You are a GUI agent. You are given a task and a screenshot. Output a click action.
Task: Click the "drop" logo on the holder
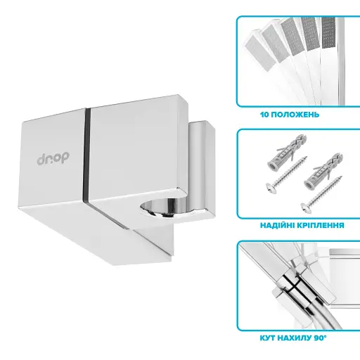tap(53, 159)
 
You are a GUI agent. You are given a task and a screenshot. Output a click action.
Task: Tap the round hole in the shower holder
tap(165, 207)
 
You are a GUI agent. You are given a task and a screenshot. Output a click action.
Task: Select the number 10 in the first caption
tap(264, 115)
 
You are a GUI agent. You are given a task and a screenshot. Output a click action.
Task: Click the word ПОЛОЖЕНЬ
tap(295, 115)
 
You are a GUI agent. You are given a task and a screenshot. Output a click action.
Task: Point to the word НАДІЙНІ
tap(277, 225)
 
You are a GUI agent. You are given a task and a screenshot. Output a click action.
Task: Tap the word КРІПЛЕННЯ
tap(321, 225)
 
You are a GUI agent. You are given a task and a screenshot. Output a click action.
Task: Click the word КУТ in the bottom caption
tap(267, 338)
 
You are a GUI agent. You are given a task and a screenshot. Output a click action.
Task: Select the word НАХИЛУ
tap(294, 338)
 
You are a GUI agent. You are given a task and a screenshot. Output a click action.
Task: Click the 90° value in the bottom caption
tap(320, 338)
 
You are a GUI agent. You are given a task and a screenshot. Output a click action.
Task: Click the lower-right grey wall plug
tap(323, 170)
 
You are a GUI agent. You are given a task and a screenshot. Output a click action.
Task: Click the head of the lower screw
tap(307, 207)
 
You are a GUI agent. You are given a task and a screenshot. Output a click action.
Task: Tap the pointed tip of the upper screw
tap(306, 157)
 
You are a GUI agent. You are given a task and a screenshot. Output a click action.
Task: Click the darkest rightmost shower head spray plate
tap(328, 33)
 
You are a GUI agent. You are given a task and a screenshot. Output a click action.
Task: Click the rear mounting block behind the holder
tap(202, 169)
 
